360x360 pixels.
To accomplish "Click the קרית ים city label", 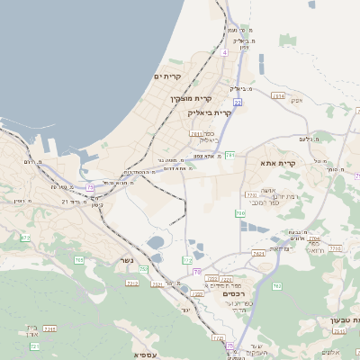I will [168, 77].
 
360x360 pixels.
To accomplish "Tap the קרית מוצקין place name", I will [191, 97].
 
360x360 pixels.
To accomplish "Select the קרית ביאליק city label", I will [210, 113].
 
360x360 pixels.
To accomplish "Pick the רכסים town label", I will [234, 293].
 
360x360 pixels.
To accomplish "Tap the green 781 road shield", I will [229, 155].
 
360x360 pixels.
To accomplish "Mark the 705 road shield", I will [79, 260].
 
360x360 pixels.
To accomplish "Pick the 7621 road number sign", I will [258, 255].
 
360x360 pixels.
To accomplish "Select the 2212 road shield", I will [132, 283].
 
